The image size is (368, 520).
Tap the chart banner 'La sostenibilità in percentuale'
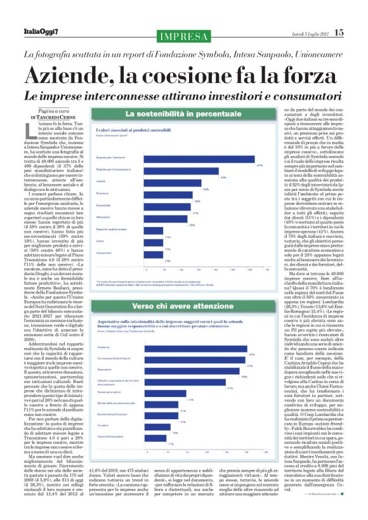[x=190, y=115]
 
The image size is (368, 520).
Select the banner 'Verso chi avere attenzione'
[x=190, y=306]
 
